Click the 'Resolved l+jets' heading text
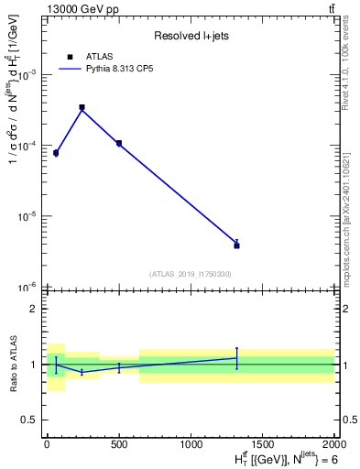pyautogui.click(x=190, y=36)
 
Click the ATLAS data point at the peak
pyautogui.click(x=82, y=107)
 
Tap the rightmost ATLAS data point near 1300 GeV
pyautogui.click(x=236, y=245)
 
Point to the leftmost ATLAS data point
pyautogui.click(x=56, y=153)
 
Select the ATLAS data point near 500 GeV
pyautogui.click(x=119, y=143)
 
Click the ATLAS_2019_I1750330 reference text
pyautogui.click(x=191, y=274)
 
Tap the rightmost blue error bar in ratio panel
pyautogui.click(x=236, y=358)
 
